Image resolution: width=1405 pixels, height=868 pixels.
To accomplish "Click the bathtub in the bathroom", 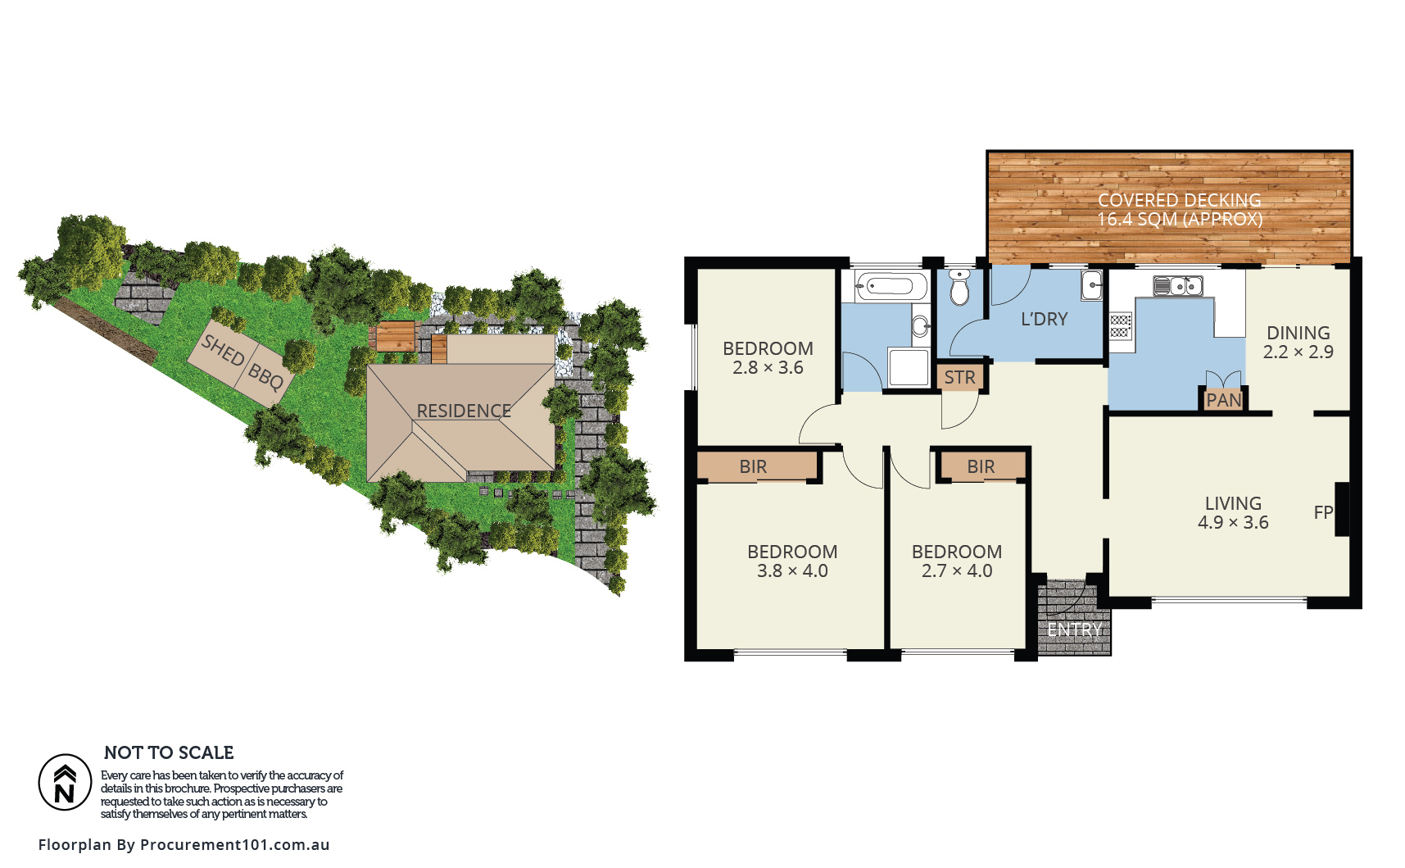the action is click(891, 287).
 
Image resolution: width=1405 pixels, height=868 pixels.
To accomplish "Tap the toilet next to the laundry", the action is click(959, 287).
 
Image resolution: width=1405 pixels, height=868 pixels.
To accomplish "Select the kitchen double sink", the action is click(1178, 286).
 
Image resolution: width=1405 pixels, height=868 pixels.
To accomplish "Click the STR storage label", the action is click(960, 377).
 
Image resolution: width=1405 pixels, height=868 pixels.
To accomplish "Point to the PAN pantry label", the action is click(1224, 400).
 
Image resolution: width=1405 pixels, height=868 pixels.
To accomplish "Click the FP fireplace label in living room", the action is click(1323, 512).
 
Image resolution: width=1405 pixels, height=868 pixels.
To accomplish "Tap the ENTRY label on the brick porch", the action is click(1074, 629).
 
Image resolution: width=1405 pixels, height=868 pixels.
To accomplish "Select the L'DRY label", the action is click(1045, 319).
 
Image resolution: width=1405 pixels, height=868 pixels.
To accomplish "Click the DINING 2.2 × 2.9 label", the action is click(1298, 343).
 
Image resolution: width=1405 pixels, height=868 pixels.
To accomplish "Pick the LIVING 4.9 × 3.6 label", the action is click(1233, 513).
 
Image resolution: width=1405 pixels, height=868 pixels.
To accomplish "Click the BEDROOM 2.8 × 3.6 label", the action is click(768, 358).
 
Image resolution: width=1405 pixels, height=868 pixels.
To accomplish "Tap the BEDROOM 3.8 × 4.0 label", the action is click(792, 561).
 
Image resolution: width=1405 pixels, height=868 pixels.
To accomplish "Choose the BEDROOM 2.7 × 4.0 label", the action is click(957, 561).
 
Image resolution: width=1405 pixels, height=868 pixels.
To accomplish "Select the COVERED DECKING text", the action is click(1180, 200).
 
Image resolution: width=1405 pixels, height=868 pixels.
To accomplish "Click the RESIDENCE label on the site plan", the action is click(464, 411).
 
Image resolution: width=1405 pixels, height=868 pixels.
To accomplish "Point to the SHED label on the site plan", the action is click(223, 350).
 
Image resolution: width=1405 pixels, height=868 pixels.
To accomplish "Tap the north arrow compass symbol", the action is click(65, 782).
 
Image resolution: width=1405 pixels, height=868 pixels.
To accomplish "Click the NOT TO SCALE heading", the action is click(169, 752).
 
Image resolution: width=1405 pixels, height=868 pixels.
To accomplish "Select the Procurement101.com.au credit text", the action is click(235, 844).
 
